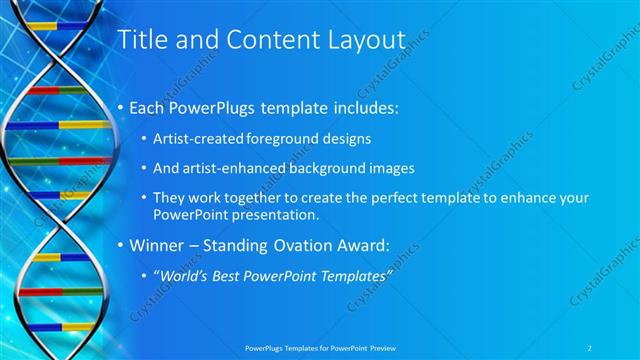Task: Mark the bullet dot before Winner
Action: tap(122, 245)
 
